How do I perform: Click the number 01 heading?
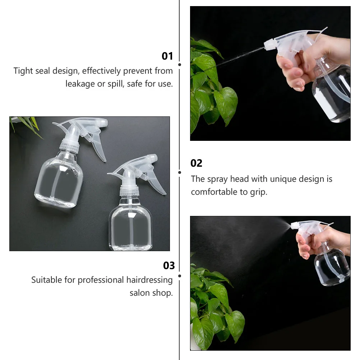tap(167, 56)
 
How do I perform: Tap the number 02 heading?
tap(196, 163)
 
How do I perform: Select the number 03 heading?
tap(169, 266)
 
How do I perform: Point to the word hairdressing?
tap(149, 280)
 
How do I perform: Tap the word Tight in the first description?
tap(24, 71)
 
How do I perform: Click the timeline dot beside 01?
tap(179, 65)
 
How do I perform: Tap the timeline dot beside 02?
tap(179, 172)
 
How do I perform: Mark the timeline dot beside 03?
tap(179, 276)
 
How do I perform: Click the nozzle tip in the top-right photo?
tap(267, 46)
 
